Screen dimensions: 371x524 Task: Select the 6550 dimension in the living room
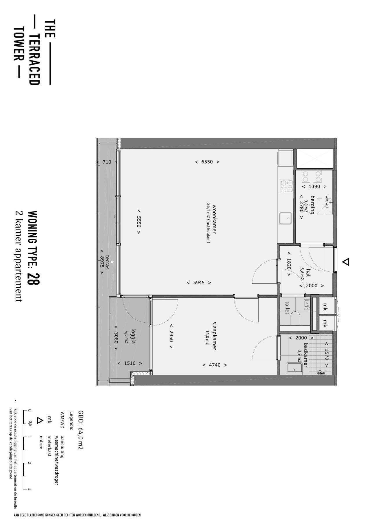coord(207,162)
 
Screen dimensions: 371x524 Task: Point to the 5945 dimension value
coord(199,283)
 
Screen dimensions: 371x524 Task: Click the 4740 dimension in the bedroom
coord(214,365)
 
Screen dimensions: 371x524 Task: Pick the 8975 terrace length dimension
coord(102,262)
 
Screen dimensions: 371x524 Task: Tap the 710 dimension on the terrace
coord(107,162)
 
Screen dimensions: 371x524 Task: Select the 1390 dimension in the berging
coord(314,187)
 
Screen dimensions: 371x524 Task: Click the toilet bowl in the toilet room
coord(295,319)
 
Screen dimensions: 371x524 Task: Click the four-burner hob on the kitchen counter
coord(286,186)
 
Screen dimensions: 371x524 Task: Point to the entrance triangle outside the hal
coord(345,262)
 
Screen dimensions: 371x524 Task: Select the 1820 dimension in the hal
coord(289,264)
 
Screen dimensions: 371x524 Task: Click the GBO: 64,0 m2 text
coord(81,430)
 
